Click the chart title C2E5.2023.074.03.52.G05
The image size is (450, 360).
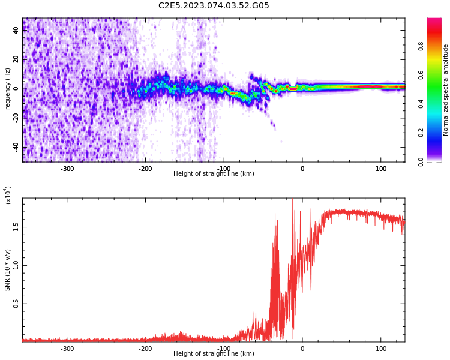[x=214, y=6]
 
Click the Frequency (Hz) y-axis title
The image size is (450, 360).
[x=8, y=90]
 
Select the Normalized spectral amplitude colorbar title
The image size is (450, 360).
[x=446, y=90]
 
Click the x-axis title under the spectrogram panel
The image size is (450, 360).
[x=214, y=174]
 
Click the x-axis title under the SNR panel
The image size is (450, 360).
[x=214, y=354]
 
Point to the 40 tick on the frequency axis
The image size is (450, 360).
[x=16, y=30]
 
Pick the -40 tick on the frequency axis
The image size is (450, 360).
[x=16, y=147]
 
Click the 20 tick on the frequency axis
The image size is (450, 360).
[x=16, y=59]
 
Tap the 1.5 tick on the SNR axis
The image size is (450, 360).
[x=16, y=227]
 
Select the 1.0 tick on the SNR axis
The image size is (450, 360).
[x=16, y=265]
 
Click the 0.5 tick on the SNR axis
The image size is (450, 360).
[x=16, y=304]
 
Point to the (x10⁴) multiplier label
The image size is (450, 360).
[x=8, y=195]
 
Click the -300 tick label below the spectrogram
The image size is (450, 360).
[x=67, y=169]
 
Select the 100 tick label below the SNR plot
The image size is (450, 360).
[x=381, y=349]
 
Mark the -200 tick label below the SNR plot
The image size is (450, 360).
[x=146, y=349]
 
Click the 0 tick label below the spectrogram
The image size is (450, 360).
[x=302, y=169]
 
